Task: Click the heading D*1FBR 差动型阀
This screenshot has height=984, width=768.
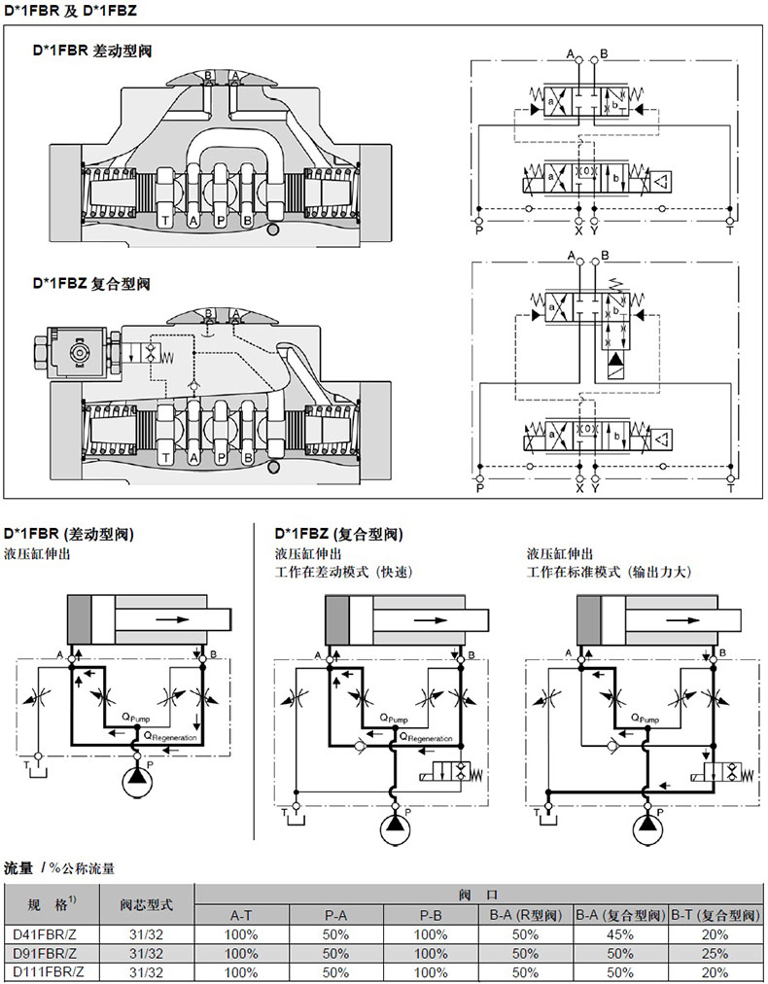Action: [x=92, y=50]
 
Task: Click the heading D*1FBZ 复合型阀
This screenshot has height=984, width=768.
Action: [x=92, y=285]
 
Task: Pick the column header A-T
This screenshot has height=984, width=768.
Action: [x=242, y=915]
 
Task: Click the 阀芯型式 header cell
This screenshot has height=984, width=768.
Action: [x=146, y=905]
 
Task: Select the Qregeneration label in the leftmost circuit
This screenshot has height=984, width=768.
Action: [x=169, y=737]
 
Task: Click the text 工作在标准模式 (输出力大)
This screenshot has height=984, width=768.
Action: [x=609, y=572]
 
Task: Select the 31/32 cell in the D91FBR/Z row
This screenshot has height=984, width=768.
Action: [x=146, y=953]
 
